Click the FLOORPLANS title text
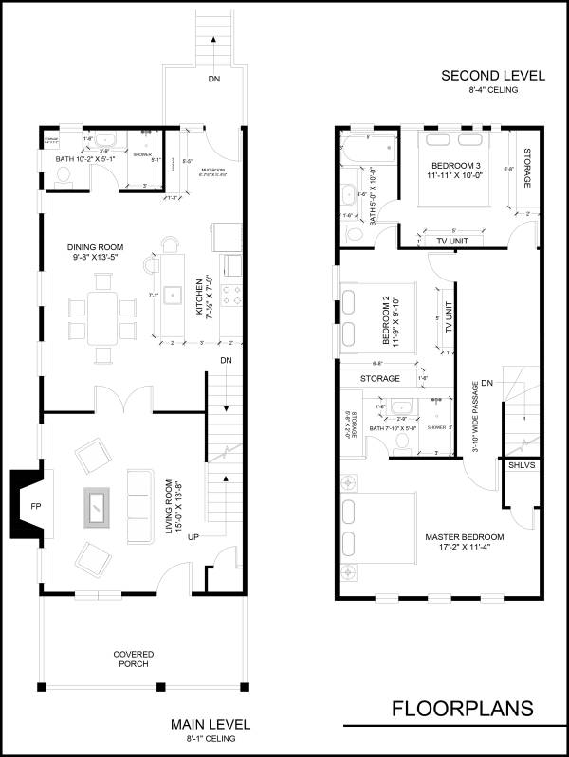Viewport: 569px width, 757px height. point(463,709)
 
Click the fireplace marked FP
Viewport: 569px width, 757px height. point(34,507)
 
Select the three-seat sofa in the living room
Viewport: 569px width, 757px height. point(141,507)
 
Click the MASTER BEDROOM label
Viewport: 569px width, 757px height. point(451,543)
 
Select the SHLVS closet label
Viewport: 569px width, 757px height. point(521,466)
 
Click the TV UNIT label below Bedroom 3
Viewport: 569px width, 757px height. point(454,241)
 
